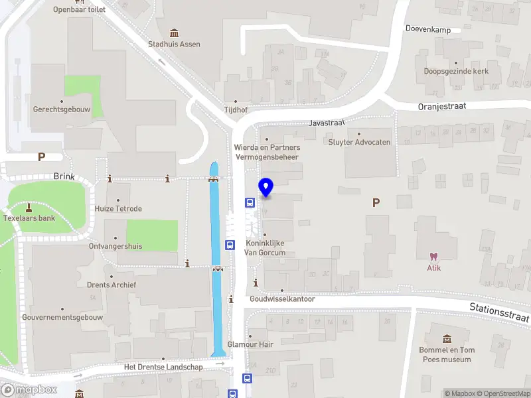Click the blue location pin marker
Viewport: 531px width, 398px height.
266,188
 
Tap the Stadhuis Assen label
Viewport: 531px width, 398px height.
174,44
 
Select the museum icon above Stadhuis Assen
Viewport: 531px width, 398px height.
174,33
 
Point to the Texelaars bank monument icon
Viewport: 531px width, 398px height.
29,207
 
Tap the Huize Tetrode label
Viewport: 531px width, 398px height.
118,208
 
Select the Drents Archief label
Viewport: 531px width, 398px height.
112,285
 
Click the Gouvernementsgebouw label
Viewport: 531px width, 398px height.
62,317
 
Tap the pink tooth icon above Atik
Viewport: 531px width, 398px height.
434,256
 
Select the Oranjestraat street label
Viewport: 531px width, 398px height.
442,105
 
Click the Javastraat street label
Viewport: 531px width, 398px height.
325,123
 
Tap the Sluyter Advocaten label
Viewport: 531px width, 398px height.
359,142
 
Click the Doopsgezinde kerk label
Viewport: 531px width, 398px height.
456,71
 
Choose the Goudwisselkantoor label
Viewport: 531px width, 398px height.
282,299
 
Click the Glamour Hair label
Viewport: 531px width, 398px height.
251,344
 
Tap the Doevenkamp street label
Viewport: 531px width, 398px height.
428,30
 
